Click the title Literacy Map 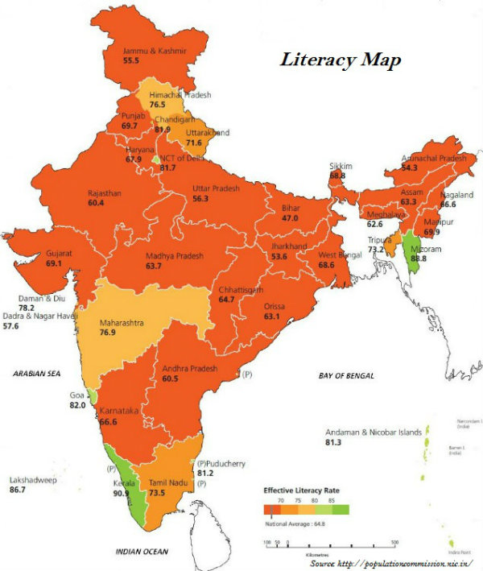[x=340, y=60]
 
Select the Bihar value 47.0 [x=290, y=218]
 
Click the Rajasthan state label [x=106, y=193]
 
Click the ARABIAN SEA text [x=37, y=374]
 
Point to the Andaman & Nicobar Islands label [x=373, y=432]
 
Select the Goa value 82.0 [x=77, y=406]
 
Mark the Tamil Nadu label [x=167, y=482]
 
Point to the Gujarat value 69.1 [x=55, y=263]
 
